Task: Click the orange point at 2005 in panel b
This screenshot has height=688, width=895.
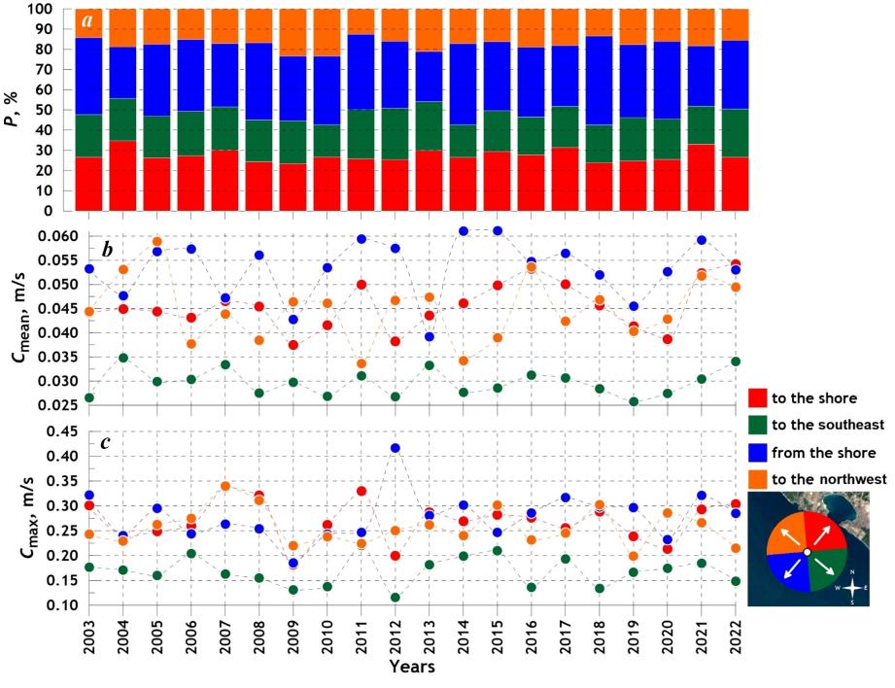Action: (x=157, y=242)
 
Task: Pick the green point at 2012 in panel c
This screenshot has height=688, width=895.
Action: (x=395, y=598)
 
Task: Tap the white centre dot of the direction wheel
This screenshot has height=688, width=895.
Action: (x=807, y=553)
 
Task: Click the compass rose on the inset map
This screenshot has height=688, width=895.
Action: (x=852, y=587)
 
